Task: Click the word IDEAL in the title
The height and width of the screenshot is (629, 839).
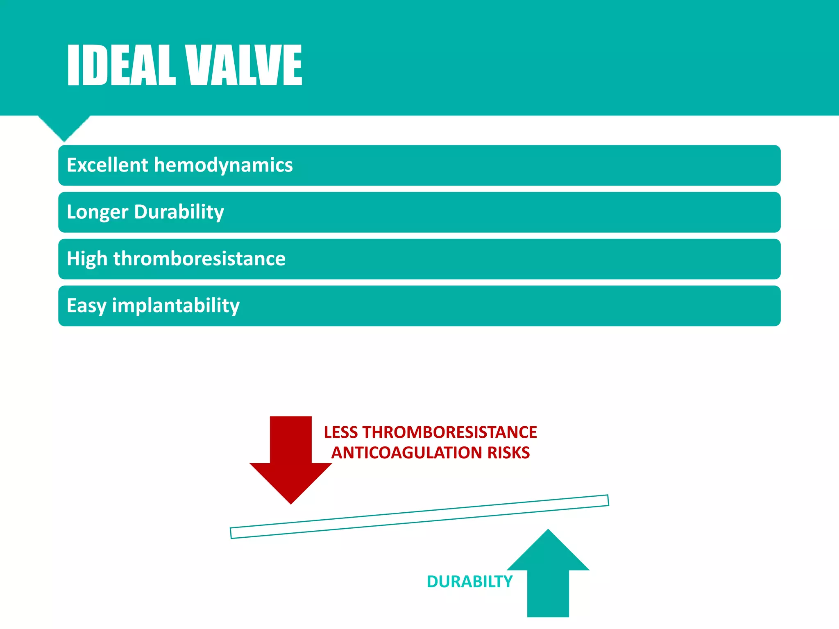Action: coord(121,66)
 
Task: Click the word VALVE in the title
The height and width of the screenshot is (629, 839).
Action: coord(244,66)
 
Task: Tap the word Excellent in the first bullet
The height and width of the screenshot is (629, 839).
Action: coord(107,165)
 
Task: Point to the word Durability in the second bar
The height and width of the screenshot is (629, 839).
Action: coord(179,212)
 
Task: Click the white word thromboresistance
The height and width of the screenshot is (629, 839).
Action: coord(200,259)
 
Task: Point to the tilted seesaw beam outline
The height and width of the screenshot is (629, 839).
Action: coord(419,517)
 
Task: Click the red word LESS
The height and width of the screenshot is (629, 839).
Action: coord(341,432)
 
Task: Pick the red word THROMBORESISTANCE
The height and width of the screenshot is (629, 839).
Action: coord(450,432)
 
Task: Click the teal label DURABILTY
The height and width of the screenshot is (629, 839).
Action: coord(469,582)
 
